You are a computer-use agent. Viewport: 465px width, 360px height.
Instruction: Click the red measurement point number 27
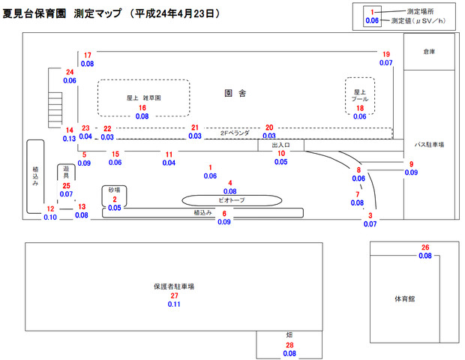click(x=174, y=295)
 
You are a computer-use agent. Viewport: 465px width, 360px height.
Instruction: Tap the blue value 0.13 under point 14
click(x=69, y=139)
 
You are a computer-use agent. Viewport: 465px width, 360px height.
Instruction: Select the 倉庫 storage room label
click(x=428, y=52)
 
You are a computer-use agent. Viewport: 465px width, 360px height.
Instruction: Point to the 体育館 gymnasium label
click(x=405, y=298)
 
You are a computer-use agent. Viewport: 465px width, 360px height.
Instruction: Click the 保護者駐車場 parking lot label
click(x=174, y=286)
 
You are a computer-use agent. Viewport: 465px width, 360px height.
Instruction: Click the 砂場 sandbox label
click(x=114, y=190)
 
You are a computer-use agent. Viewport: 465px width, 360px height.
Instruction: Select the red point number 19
click(x=386, y=55)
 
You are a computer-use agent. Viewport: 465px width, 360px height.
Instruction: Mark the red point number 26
click(x=425, y=247)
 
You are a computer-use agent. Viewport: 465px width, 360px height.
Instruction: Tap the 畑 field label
click(x=289, y=334)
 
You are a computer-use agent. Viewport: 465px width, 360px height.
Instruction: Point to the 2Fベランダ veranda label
click(x=235, y=133)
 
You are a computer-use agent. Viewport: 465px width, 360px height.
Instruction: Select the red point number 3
click(x=370, y=215)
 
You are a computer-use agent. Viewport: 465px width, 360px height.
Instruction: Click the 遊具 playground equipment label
click(x=67, y=172)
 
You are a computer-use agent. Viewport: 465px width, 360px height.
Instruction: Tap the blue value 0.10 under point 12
click(x=50, y=217)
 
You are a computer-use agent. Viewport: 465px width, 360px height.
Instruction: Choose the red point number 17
click(x=88, y=55)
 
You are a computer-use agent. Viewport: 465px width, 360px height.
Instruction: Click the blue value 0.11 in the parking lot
click(x=174, y=304)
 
